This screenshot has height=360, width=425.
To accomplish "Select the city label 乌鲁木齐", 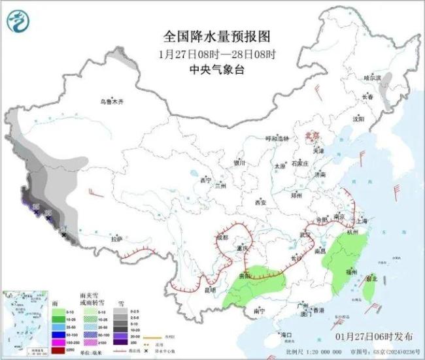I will click(x=112, y=101).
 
